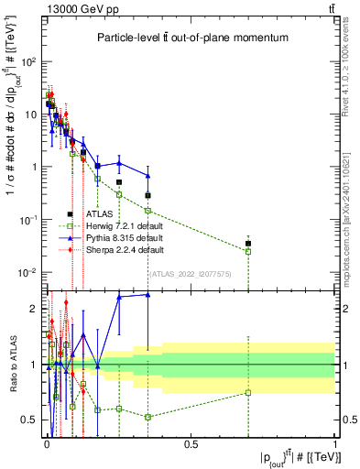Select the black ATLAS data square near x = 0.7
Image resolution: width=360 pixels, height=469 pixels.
click(x=247, y=244)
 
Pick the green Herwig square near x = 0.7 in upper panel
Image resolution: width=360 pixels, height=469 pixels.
click(x=247, y=251)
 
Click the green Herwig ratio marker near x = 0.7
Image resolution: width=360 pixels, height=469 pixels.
click(x=247, y=393)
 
